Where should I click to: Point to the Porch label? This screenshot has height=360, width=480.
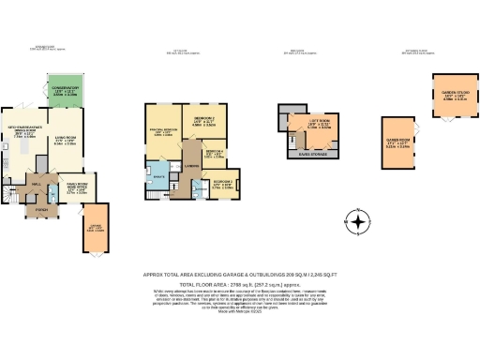click(x=40, y=210)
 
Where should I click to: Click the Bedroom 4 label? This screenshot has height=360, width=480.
click(x=214, y=154)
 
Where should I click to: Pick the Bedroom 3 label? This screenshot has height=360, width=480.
click(x=223, y=183)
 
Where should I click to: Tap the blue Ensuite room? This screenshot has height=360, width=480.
click(x=158, y=176)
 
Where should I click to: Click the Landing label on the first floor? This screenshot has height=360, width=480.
click(x=190, y=169)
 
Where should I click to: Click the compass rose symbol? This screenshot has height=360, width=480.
click(x=358, y=223)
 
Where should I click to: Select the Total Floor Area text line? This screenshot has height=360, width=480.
click(x=239, y=283)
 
